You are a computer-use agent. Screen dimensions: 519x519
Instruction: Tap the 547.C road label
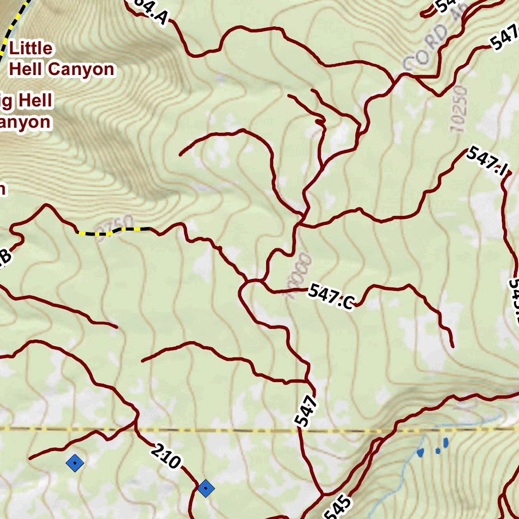pos(330,296)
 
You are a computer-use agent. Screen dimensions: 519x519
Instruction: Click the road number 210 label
pos(165,456)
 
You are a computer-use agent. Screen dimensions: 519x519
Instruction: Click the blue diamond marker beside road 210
pos(206,489)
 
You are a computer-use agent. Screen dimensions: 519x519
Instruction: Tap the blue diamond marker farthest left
pos(75,462)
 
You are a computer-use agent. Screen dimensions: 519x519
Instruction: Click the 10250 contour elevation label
pos(458,109)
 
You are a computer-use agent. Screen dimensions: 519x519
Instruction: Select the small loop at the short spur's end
pos(319,122)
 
